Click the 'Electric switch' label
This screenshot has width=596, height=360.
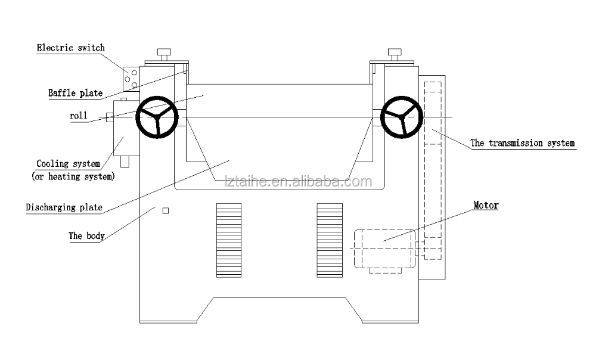pyautogui.click(x=71, y=48)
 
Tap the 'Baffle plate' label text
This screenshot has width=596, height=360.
pyautogui.click(x=75, y=93)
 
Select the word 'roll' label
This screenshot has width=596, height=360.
pyautogui.click(x=78, y=116)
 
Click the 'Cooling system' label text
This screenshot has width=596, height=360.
pyautogui.click(x=69, y=164)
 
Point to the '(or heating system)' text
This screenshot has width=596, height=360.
pyautogui.click(x=73, y=177)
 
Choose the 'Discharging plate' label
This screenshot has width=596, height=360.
pyautogui.click(x=64, y=207)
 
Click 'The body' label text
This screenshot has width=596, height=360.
pyautogui.click(x=86, y=236)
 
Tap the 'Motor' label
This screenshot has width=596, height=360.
pyautogui.click(x=486, y=205)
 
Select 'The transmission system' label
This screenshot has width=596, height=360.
pyautogui.click(x=523, y=143)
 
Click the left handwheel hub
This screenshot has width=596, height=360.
pyautogui.click(x=157, y=117)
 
